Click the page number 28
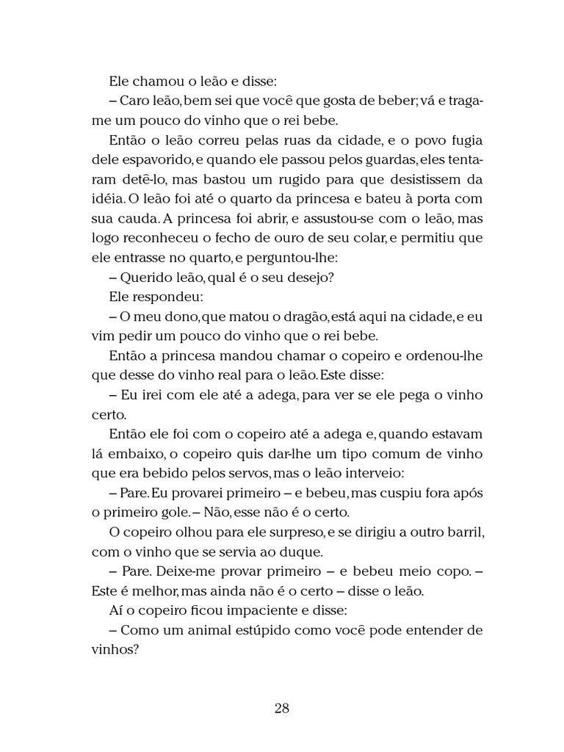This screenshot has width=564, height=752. pos(282,709)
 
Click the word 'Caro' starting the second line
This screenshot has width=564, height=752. pos(134,100)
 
